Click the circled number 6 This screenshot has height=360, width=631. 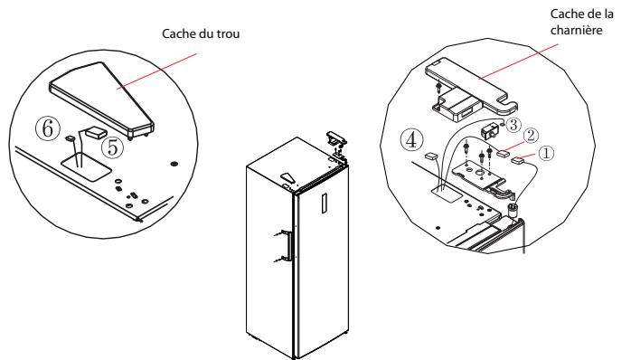pyautogui.click(x=48, y=128)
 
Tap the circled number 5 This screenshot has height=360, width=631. pyautogui.click(x=113, y=147)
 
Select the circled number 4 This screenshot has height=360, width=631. pyautogui.click(x=411, y=140)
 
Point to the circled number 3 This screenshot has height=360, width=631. pyautogui.click(x=513, y=125)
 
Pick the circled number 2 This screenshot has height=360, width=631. pyautogui.click(x=531, y=136)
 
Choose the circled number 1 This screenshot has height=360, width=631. pyautogui.click(x=546, y=153)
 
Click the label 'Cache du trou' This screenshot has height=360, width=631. pyautogui.click(x=201, y=33)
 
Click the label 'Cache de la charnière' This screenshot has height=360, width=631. pyautogui.click(x=581, y=22)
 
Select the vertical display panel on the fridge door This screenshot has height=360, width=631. pyautogui.click(x=325, y=203)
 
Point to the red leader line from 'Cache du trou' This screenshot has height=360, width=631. pyautogui.click(x=157, y=71)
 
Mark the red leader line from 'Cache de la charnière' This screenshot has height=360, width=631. pyautogui.click(x=518, y=62)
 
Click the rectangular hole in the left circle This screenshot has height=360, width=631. pyautogui.click(x=86, y=166)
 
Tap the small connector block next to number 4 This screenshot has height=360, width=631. pyautogui.click(x=431, y=156)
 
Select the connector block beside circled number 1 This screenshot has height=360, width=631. pyautogui.click(x=517, y=160)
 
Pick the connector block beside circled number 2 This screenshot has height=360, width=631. pyautogui.click(x=503, y=153)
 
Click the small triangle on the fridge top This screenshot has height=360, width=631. pyautogui.click(x=288, y=177)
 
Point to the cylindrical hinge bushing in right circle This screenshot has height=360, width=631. pyautogui.click(x=513, y=210)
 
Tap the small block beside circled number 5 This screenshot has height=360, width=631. pyautogui.click(x=95, y=132)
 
